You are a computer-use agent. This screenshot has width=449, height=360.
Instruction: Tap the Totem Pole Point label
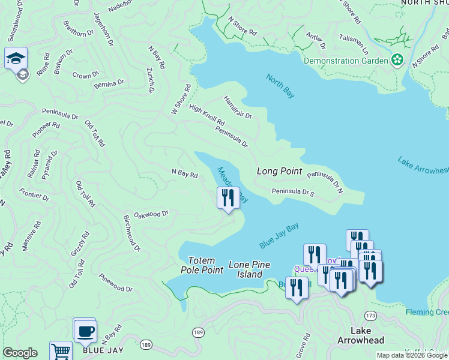202,265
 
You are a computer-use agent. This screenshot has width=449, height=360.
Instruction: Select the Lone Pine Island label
249,269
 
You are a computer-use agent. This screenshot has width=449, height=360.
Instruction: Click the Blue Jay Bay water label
279,236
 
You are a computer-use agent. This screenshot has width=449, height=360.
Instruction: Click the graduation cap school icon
16,59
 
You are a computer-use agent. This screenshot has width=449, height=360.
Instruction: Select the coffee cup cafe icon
85,331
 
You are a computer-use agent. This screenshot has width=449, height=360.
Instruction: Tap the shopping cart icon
61,352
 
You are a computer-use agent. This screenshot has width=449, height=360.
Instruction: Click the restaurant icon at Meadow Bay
228,197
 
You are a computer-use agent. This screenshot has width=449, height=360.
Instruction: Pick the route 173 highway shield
370,315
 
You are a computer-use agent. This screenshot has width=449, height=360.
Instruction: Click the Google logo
20,353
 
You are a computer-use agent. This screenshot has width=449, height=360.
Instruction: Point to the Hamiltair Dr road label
238,107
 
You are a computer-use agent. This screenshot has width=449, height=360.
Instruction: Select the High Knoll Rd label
206,116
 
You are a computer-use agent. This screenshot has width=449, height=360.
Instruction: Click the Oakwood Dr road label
151,214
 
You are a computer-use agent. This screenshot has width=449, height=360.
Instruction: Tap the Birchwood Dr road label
131,233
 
